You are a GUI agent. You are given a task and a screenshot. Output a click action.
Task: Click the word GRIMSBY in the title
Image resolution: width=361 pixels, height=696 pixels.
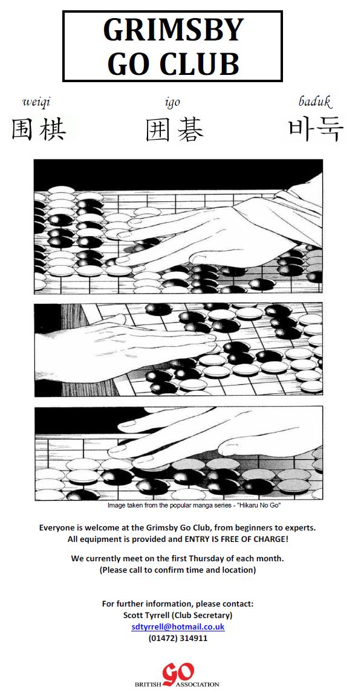pyautogui.click(x=173, y=30)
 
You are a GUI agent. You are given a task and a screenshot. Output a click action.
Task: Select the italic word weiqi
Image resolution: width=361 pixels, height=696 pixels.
pyautogui.click(x=36, y=102)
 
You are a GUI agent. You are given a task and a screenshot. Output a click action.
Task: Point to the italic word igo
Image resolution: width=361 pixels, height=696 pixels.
pyautogui.click(x=172, y=103)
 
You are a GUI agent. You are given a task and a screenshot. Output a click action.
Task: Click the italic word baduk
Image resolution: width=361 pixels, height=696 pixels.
pyautogui.click(x=315, y=101)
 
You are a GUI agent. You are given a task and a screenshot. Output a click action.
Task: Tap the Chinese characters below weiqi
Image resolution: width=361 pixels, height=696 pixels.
pyautogui.click(x=39, y=129)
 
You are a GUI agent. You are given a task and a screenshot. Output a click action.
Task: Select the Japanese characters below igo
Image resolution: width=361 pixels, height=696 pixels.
pyautogui.click(x=175, y=130)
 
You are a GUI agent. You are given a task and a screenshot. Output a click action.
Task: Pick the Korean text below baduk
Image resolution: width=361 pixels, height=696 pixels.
pyautogui.click(x=316, y=130)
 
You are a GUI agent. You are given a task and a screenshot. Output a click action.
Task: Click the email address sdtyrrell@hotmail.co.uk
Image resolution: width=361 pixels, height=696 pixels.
pyautogui.click(x=178, y=627)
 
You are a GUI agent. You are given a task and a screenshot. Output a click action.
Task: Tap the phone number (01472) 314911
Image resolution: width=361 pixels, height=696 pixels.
pyautogui.click(x=178, y=638)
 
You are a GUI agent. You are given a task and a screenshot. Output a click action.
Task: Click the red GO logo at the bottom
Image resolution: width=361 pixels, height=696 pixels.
pyautogui.click(x=177, y=674)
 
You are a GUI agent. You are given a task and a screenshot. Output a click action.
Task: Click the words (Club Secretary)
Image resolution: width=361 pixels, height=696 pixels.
pyautogui.click(x=203, y=615)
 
